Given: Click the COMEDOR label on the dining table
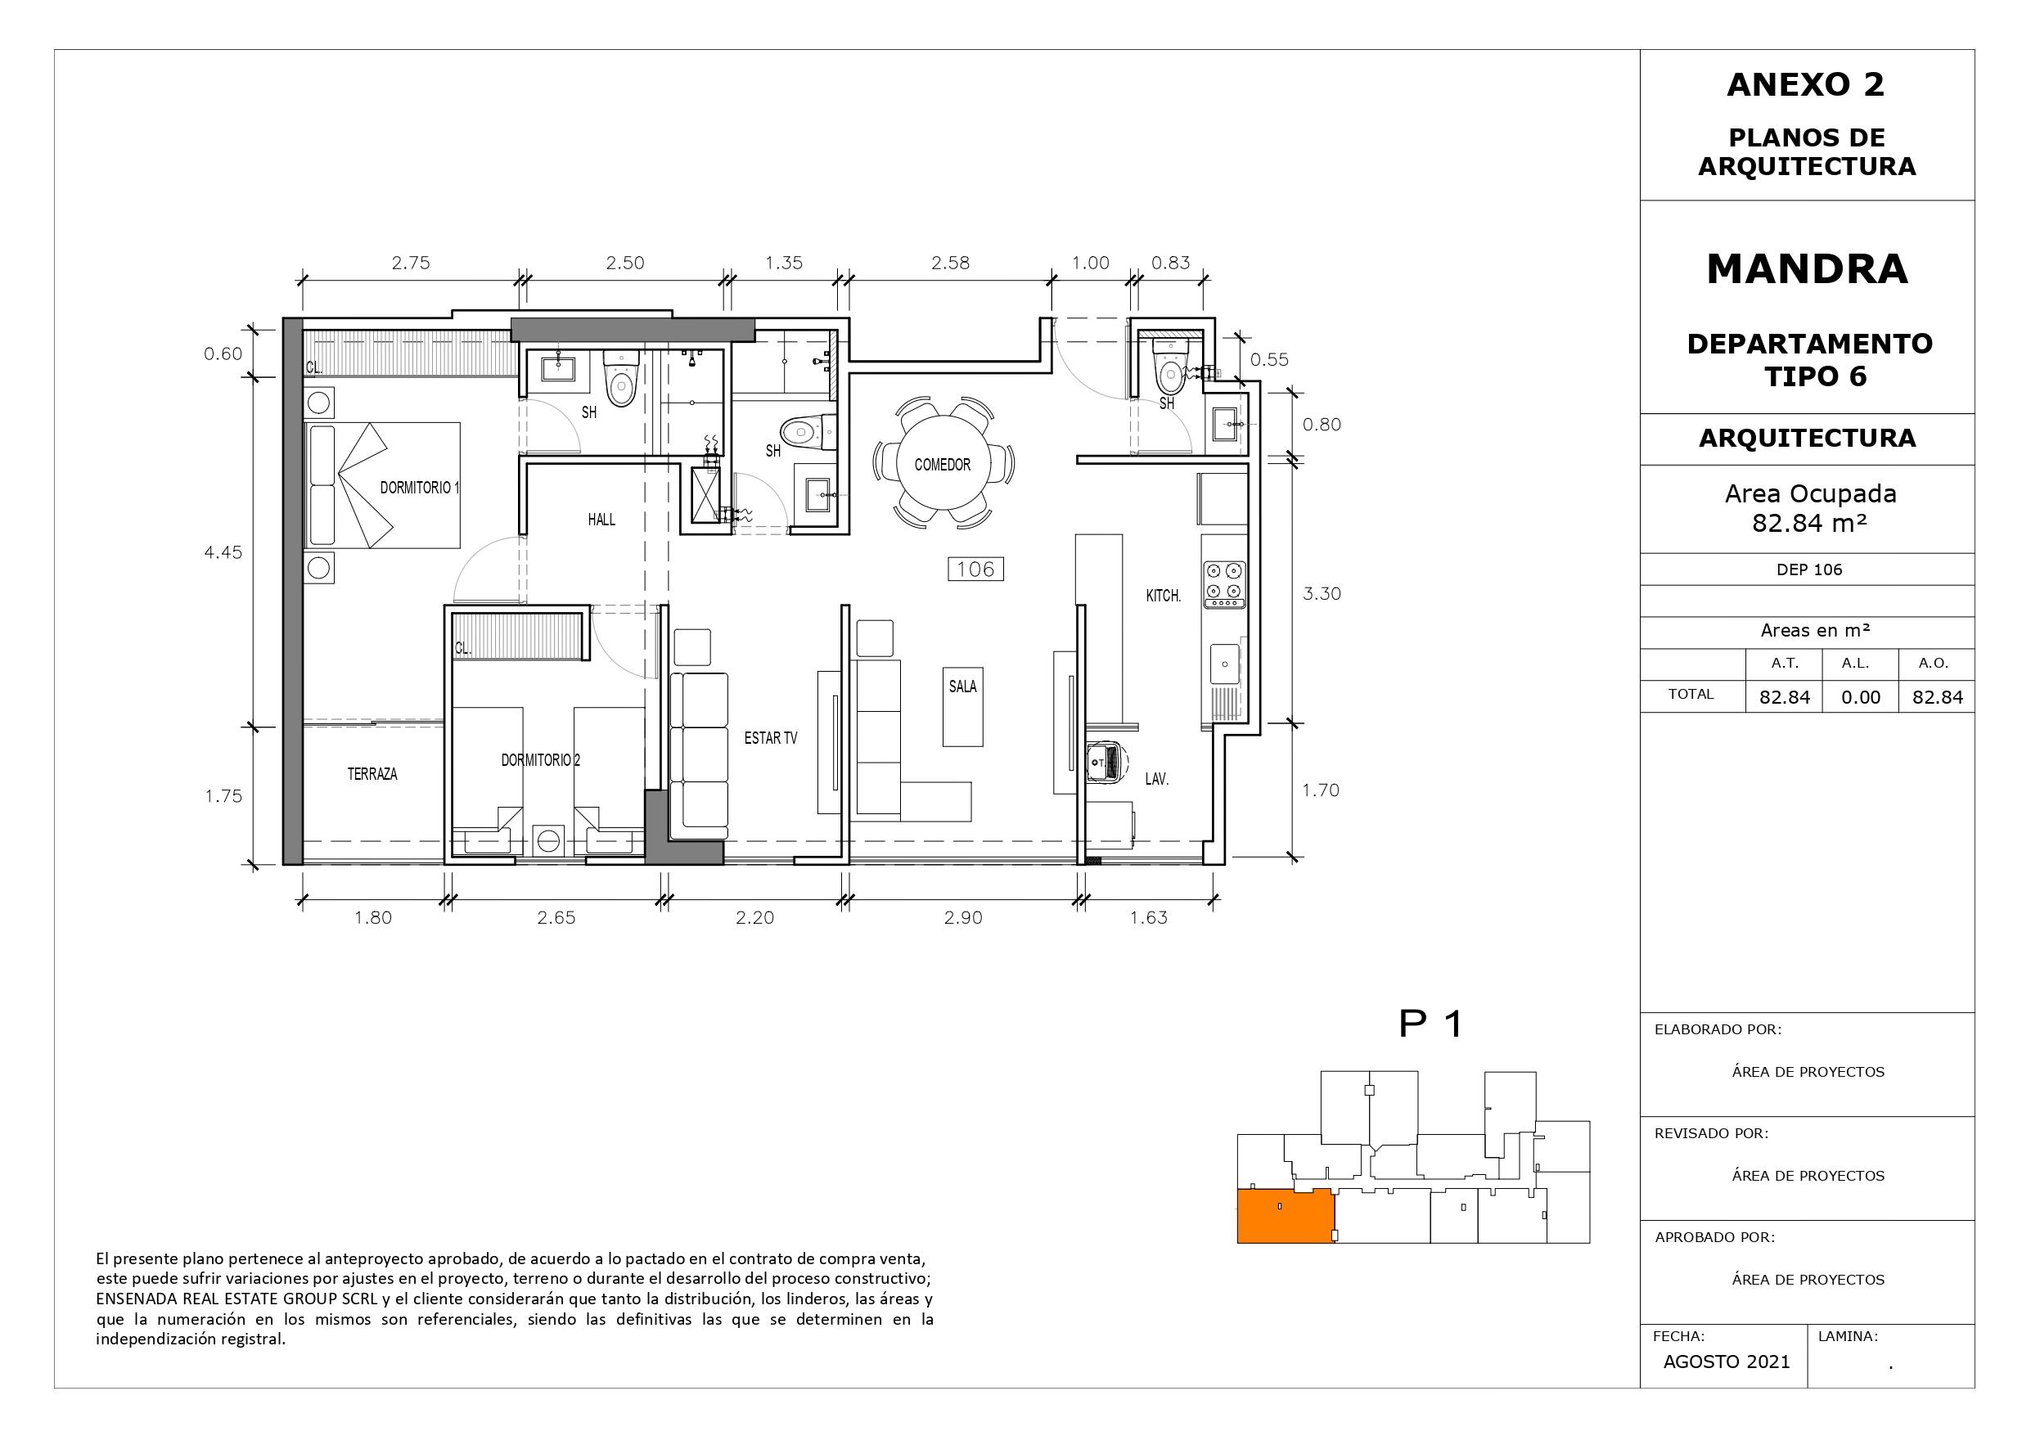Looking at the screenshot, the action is click(x=942, y=465).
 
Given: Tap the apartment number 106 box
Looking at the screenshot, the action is click(x=975, y=569).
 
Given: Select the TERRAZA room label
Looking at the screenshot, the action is click(x=372, y=774).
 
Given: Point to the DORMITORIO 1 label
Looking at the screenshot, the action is click(x=420, y=488).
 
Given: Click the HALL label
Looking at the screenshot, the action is click(x=601, y=520).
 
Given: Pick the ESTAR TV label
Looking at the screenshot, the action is click(x=771, y=738).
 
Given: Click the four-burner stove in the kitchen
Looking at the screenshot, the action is click(x=1224, y=585).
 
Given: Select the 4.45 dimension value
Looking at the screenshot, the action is click(x=223, y=553).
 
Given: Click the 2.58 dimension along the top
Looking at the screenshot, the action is click(x=951, y=263).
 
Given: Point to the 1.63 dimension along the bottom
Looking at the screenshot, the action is click(x=1148, y=917).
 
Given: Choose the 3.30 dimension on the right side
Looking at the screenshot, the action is click(x=1322, y=594).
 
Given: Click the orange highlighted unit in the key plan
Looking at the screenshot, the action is click(x=1286, y=1217).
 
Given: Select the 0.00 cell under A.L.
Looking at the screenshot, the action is click(x=1860, y=697).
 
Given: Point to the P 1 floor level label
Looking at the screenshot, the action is click(x=1431, y=1024).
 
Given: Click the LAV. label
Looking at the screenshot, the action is click(x=1157, y=780).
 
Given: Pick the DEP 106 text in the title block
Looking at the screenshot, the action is click(x=1809, y=569).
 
